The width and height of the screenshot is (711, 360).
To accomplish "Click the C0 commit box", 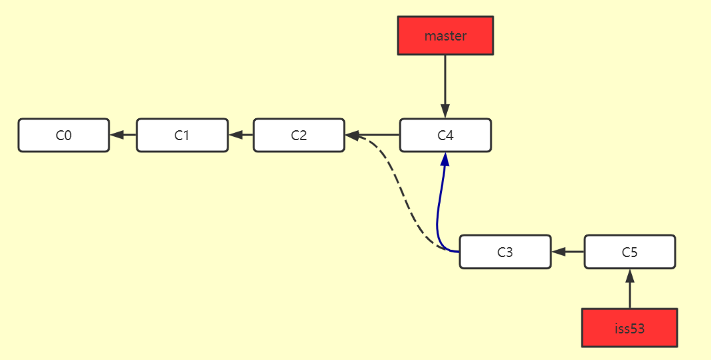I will point(64,135).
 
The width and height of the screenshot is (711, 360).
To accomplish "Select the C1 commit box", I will point(182,135).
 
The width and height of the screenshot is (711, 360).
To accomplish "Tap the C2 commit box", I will point(299,135).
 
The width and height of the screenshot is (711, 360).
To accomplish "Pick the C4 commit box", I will point(445,135).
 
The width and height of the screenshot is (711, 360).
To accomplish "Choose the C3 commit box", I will point(505,252).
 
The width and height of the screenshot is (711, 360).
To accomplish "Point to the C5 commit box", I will point(630,252).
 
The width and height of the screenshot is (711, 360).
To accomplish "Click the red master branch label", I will point(445,36).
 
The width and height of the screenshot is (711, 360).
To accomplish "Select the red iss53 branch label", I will point(629,327).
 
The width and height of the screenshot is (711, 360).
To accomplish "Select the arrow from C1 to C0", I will point(124,135).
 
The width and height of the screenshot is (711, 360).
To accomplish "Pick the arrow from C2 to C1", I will point(241,135).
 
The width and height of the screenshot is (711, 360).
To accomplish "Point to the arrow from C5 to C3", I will point(568,252).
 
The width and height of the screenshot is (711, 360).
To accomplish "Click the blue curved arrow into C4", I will point(439,206).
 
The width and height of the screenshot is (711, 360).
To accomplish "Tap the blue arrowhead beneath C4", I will point(445,160).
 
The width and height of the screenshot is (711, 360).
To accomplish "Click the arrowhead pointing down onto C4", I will point(445,111).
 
